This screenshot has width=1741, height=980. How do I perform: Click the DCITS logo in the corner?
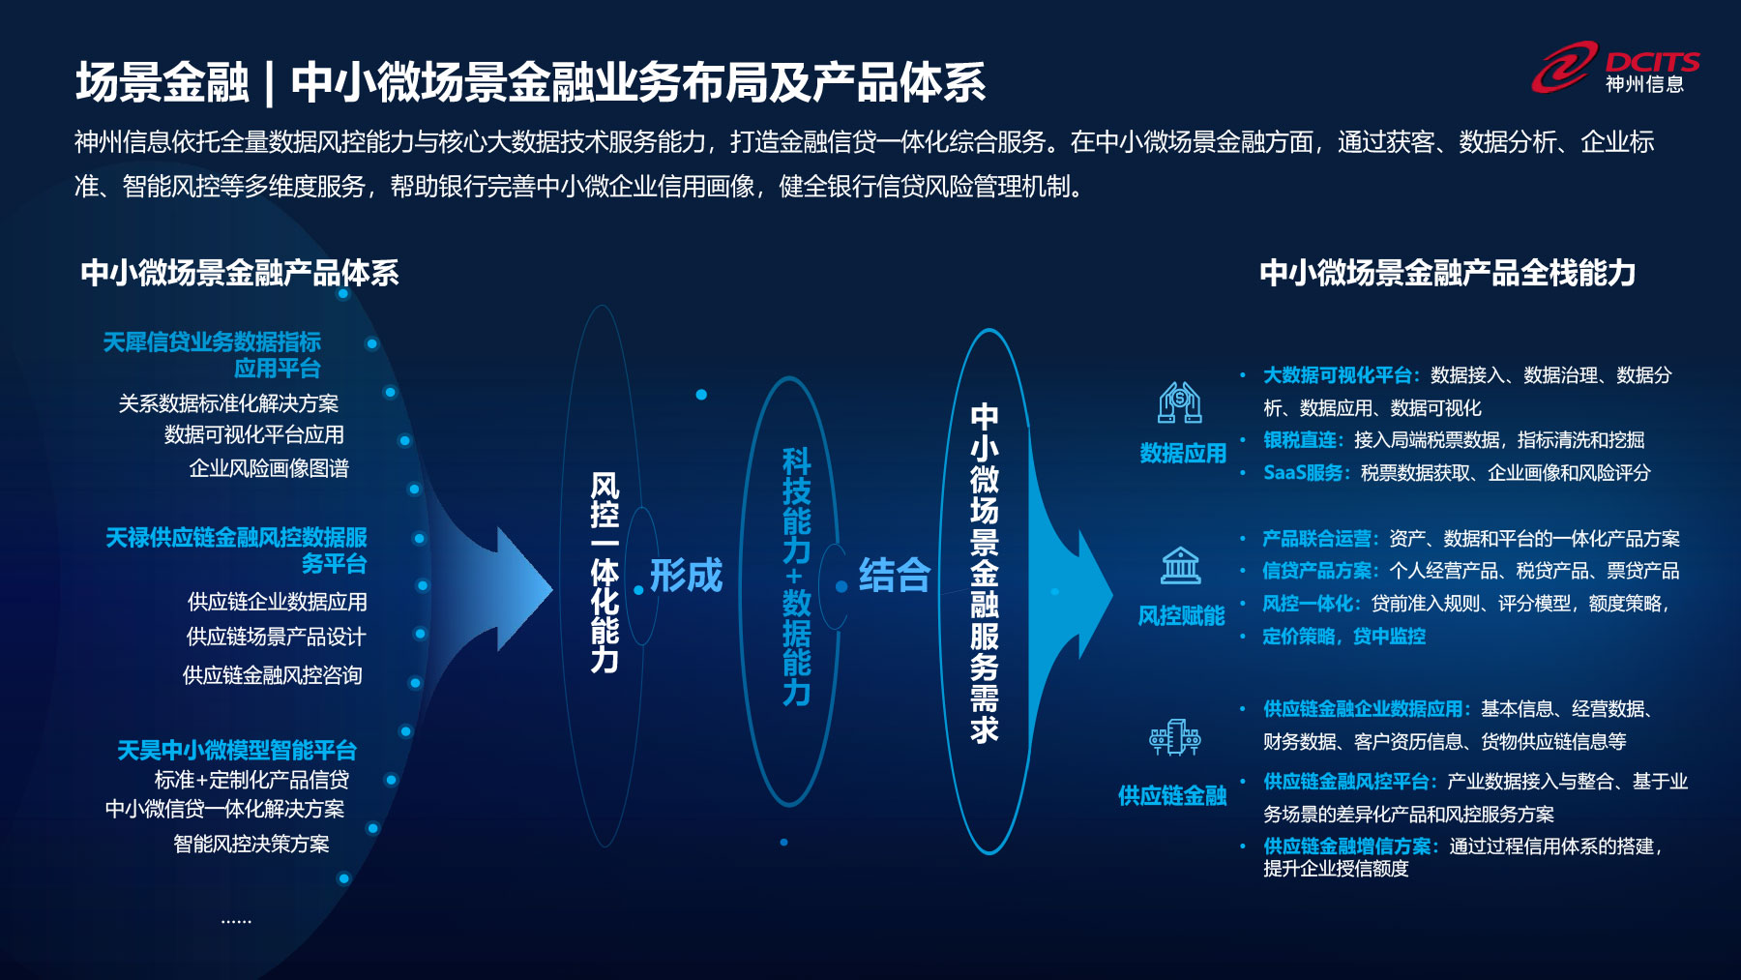pyautogui.click(x=1615, y=69)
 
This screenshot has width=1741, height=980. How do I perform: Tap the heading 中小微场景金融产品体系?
pyautogui.click(x=240, y=273)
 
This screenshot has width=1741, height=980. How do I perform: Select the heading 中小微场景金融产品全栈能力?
pyautogui.click(x=1447, y=273)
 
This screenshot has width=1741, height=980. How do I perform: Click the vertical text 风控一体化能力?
pyautogui.click(x=605, y=572)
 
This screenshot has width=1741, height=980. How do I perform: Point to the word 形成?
pyautogui.click(x=686, y=575)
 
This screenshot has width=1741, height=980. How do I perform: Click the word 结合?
pyautogui.click(x=895, y=575)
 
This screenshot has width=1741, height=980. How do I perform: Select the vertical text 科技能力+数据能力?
pyautogui.click(x=796, y=576)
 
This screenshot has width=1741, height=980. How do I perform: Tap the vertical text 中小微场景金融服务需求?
pyautogui.click(x=985, y=573)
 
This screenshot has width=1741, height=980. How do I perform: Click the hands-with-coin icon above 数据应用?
pyautogui.click(x=1180, y=402)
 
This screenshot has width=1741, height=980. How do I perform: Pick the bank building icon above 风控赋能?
pyautogui.click(x=1180, y=565)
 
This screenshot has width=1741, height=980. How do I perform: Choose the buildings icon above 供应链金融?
pyautogui.click(x=1174, y=737)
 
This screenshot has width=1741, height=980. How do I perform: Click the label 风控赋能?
pyautogui.click(x=1181, y=616)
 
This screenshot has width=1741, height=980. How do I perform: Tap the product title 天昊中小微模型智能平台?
pyautogui.click(x=237, y=750)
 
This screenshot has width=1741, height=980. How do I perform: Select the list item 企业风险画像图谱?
pyautogui.click(x=269, y=468)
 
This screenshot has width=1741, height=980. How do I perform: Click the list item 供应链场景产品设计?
pyautogui.click(x=276, y=637)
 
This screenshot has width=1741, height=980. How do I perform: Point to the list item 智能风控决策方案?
pyautogui.click(x=251, y=844)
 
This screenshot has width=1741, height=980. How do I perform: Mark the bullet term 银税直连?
pyautogui.click(x=1300, y=440)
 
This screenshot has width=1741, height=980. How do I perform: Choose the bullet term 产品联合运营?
pyautogui.click(x=1317, y=539)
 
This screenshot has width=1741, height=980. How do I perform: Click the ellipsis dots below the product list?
pyautogui.click(x=236, y=921)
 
